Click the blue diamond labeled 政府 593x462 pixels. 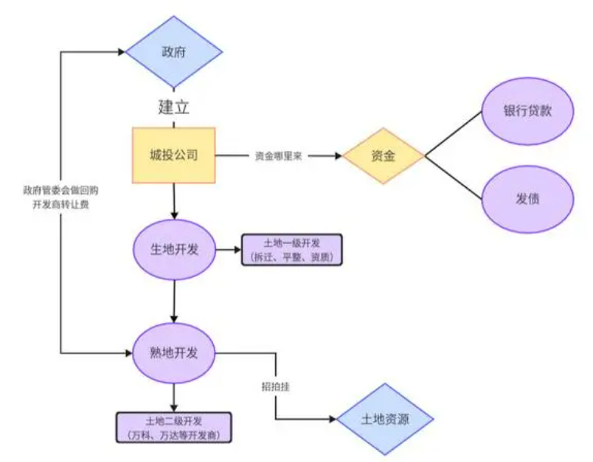[174, 52]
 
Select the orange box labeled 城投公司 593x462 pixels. [174, 156]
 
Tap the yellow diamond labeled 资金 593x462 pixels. [383, 156]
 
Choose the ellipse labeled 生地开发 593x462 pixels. [175, 250]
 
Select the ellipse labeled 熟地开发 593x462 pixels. [175, 353]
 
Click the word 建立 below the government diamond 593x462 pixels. [173, 106]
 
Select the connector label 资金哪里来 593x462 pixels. [278, 156]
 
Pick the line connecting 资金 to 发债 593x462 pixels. [453, 177]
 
